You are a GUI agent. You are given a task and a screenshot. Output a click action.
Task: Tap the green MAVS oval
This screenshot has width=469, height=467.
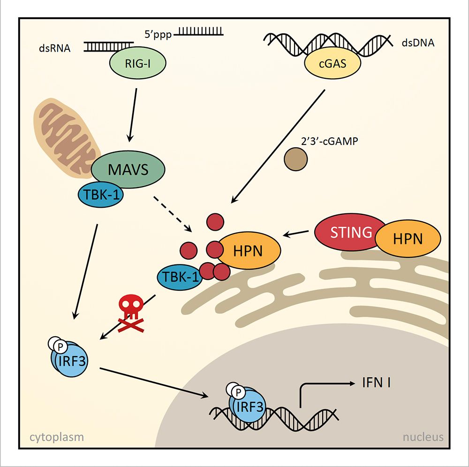pos(128,169)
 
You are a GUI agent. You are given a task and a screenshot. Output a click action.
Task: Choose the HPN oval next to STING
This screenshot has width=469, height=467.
pos(408,239)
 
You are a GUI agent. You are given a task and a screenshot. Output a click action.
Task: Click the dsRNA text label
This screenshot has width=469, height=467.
pos(54,48)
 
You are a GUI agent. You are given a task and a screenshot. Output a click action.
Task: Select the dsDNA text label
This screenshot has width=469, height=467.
pos(418,44)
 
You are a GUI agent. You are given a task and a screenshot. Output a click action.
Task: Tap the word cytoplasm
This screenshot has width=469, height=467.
pos(57,437)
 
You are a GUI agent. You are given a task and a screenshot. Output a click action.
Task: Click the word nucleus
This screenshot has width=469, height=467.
pos(423,437)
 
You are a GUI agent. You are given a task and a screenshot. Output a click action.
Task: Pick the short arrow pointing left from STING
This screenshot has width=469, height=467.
pos(298,232)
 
